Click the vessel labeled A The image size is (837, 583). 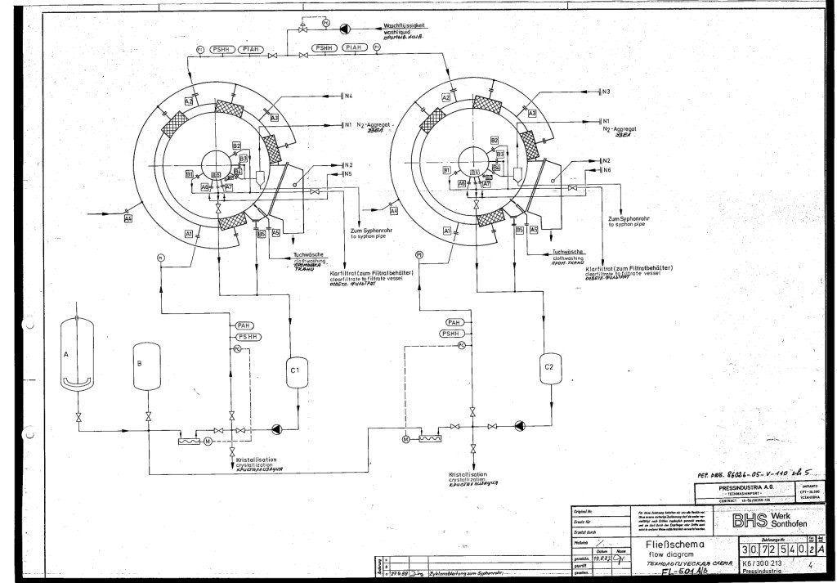click(x=77, y=356)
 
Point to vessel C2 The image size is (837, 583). click(x=549, y=370)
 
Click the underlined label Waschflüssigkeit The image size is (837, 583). click(x=406, y=25)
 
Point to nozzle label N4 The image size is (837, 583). click(x=348, y=96)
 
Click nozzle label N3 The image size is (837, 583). click(x=606, y=92)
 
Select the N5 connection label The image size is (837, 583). click(x=348, y=173)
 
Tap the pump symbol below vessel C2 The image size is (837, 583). click(x=520, y=425)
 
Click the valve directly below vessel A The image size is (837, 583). click(x=78, y=419)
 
